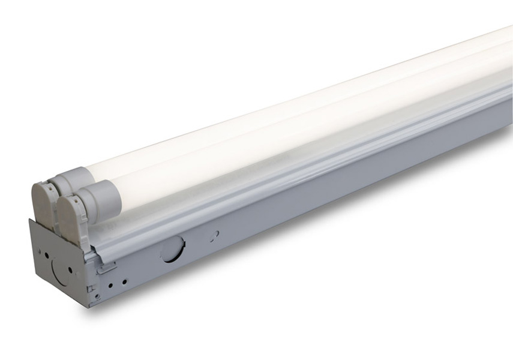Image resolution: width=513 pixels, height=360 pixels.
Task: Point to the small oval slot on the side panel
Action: coord(214,235)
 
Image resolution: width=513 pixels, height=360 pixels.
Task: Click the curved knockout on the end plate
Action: coord(60,274)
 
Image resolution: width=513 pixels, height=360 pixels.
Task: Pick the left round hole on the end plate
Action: coord(47,255)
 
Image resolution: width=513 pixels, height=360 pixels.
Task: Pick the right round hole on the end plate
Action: coord(70,269)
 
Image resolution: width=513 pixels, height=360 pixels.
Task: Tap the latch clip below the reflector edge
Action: coord(107,268)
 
